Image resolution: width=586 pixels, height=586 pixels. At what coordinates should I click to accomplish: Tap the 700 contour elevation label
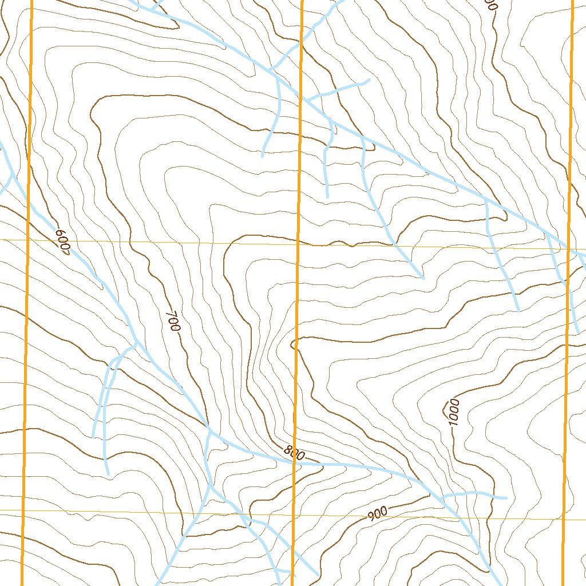pos(173,322)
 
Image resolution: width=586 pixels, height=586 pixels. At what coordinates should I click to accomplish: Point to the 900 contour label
pos(378,513)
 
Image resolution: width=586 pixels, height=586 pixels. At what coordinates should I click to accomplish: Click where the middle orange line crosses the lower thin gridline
pos(294,514)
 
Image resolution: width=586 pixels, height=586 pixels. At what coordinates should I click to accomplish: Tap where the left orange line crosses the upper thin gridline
pos(28,241)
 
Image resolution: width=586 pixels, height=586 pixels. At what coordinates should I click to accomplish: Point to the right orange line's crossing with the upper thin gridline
pos(569,250)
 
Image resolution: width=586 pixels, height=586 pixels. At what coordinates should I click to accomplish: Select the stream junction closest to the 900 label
pos(443,496)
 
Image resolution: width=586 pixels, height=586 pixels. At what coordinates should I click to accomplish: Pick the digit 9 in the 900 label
pos(371,516)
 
